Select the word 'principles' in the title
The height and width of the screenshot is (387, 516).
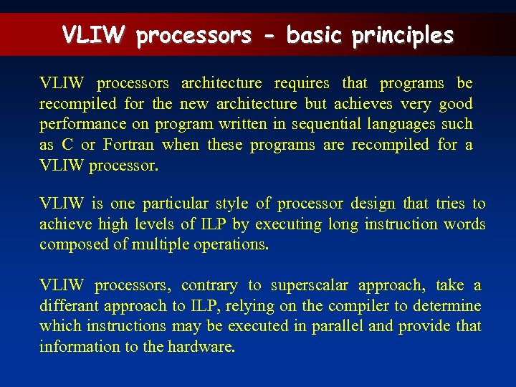[403, 34]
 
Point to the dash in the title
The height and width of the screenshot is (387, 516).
[269, 36]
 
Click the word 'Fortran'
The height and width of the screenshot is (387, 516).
[128, 145]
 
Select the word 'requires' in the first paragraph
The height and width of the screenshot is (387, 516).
[302, 83]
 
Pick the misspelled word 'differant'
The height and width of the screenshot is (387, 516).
[70, 305]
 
